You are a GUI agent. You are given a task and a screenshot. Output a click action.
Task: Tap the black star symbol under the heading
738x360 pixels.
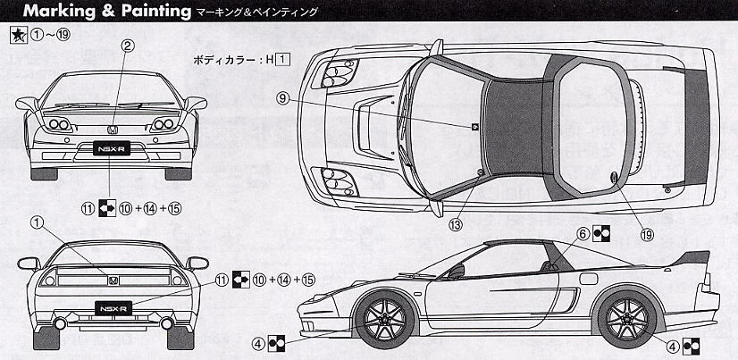point(17,36)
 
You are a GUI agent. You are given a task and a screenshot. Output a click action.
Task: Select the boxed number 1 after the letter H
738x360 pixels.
point(282,61)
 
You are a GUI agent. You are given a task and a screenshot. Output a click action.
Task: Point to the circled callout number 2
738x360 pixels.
point(128,45)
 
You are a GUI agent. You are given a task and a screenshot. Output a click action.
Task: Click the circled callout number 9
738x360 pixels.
point(283,100)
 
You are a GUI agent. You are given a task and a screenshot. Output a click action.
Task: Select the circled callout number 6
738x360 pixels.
point(583,234)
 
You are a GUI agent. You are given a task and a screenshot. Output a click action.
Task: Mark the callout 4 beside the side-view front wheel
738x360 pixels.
point(258,342)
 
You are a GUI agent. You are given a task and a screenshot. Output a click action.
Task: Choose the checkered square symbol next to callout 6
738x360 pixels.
point(602,234)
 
